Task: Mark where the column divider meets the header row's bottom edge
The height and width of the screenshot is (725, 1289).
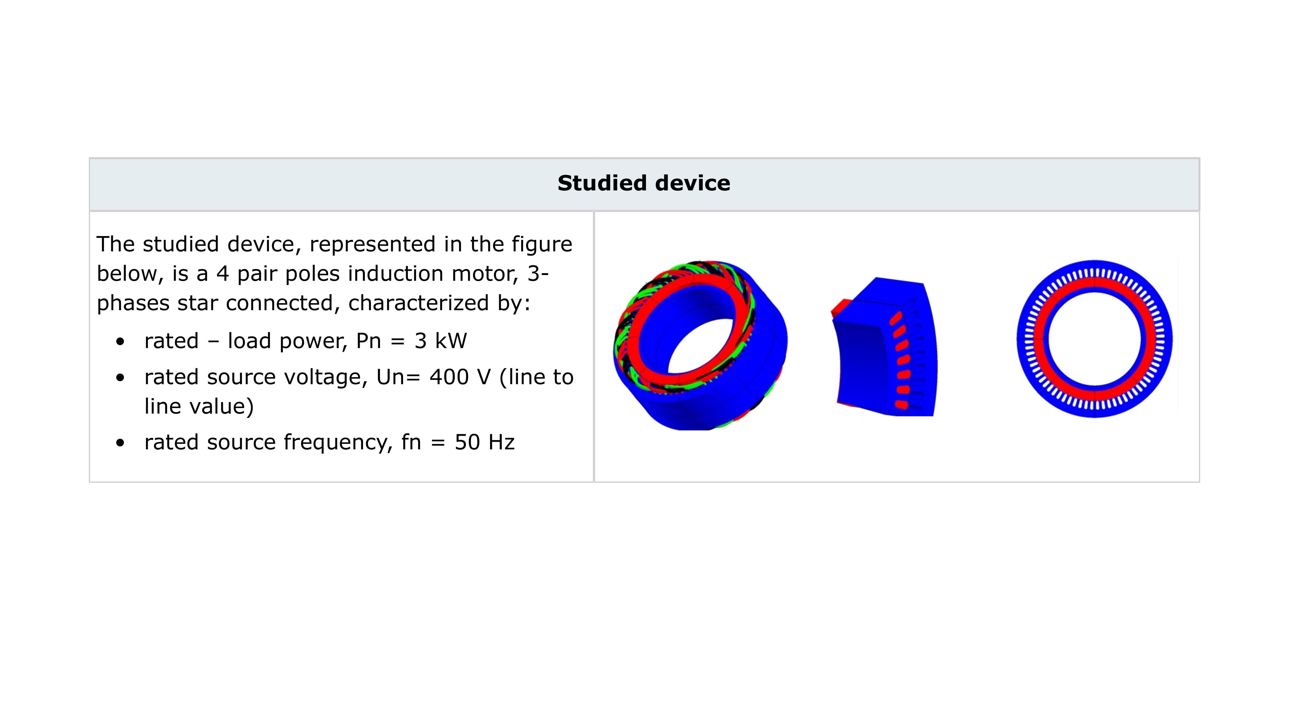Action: pos(594,211)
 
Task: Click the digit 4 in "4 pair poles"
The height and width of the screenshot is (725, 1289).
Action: pos(223,274)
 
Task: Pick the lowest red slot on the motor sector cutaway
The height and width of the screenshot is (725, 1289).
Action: pos(901,404)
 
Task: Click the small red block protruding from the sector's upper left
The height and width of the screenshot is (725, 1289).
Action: pos(841,307)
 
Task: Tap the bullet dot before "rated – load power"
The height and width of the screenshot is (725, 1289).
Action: pos(120,342)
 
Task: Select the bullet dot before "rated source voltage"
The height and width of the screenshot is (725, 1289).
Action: pos(120,378)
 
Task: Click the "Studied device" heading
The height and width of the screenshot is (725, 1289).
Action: pos(644,183)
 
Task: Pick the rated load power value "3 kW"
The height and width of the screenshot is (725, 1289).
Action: pos(440,341)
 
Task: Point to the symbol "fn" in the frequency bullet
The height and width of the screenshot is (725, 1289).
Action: pos(411,442)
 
